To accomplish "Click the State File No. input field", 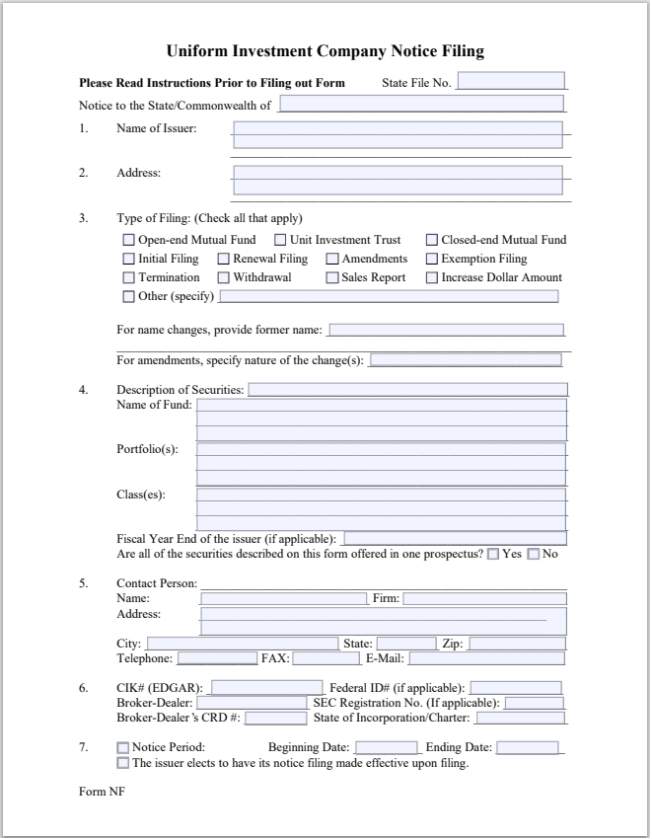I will (511, 81).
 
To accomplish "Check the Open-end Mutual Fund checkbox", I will (128, 240).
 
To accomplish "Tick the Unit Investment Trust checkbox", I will (280, 240).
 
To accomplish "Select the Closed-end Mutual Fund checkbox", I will (432, 240).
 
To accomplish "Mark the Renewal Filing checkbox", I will (224, 259).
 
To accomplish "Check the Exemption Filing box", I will (432, 259).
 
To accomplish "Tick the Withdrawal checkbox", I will (224, 277).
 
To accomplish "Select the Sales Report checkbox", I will (332, 277).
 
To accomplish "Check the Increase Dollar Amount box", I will (432, 277).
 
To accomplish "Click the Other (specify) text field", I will (389, 296).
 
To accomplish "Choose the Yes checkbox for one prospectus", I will (493, 554).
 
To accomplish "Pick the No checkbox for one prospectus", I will (534, 554).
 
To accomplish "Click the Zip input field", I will (516, 644).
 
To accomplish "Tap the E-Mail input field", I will (487, 658).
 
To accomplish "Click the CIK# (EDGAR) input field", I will (266, 687).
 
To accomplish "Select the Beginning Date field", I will (387, 747).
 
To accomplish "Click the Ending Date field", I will (528, 747).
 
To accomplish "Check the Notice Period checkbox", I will (123, 747).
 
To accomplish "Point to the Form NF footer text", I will (102, 791).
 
